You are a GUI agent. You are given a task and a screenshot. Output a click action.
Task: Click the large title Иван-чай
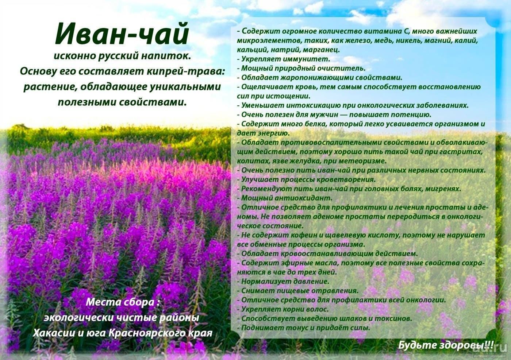coord(122,34)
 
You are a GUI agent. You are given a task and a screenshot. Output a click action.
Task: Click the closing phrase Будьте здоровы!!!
coord(446,345)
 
